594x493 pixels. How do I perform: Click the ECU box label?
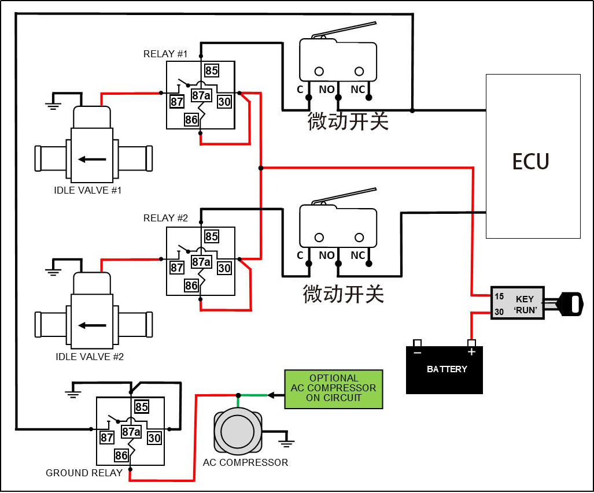[x=530, y=161]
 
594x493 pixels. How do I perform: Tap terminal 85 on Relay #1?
[x=211, y=71]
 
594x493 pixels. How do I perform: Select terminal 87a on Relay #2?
[x=201, y=262]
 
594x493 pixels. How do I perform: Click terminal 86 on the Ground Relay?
[x=121, y=455]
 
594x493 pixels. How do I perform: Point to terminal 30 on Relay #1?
[x=224, y=102]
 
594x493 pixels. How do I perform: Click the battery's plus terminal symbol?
[x=471, y=352]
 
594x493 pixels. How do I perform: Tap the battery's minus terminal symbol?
[x=417, y=352]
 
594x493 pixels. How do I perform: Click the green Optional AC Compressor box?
[x=333, y=389]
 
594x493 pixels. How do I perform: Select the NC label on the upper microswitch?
[x=358, y=90]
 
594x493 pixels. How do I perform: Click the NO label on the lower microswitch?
[x=327, y=255]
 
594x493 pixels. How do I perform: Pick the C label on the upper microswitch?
[x=300, y=90]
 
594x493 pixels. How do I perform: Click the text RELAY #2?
[x=165, y=218]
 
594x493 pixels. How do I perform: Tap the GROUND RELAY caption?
[x=84, y=473]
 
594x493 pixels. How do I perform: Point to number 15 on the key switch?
[x=499, y=296]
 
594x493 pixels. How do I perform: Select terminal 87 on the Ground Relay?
[x=106, y=438]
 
